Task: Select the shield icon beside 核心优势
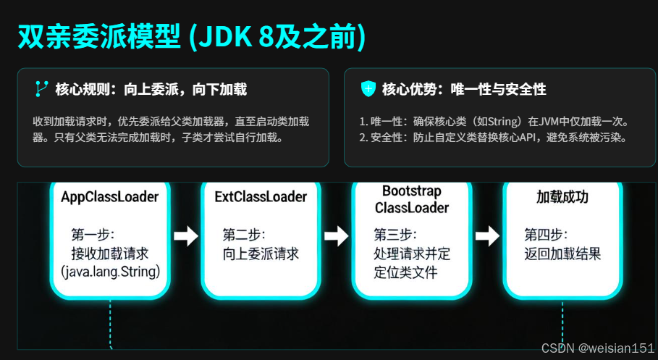click(368, 89)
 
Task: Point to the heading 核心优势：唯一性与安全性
click(464, 89)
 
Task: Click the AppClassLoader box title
click(110, 197)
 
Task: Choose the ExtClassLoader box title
click(261, 197)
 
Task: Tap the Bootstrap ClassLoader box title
click(411, 200)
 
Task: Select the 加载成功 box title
click(562, 197)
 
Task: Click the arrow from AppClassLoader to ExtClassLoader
click(186, 235)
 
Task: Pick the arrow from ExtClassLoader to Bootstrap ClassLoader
click(337, 235)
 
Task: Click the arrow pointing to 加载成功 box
click(487, 235)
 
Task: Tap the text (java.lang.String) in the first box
click(110, 272)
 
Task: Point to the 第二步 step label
click(244, 235)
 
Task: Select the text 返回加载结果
click(562, 254)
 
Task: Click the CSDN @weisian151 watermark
click(597, 348)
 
